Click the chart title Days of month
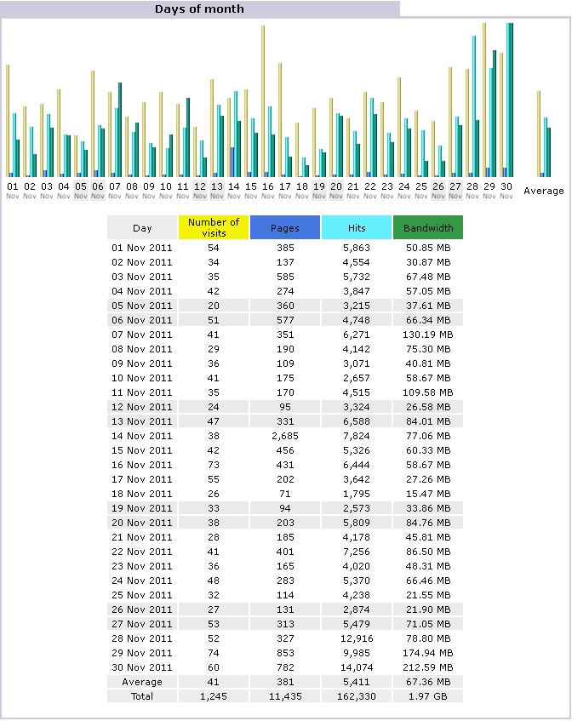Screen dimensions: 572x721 pyautogui.click(x=199, y=9)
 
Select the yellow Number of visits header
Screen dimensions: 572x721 pyautogui.click(x=214, y=227)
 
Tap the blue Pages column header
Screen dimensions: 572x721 pyautogui.click(x=285, y=227)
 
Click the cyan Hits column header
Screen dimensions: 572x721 pyautogui.click(x=357, y=227)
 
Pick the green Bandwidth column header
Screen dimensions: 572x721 pyautogui.click(x=428, y=227)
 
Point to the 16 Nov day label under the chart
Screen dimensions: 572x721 pyautogui.click(x=267, y=191)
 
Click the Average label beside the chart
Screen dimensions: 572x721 pyautogui.click(x=544, y=191)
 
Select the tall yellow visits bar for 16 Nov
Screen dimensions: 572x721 pyautogui.click(x=263, y=101)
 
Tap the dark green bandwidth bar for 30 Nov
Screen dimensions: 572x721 pyautogui.click(x=511, y=100)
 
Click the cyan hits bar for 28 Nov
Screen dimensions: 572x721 pyautogui.click(x=474, y=106)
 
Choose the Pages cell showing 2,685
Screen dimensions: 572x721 pyautogui.click(x=285, y=436)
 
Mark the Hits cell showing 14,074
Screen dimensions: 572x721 pyautogui.click(x=357, y=667)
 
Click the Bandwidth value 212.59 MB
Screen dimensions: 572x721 pyautogui.click(x=428, y=667)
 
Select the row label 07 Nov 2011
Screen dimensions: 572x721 pyautogui.click(x=141, y=335)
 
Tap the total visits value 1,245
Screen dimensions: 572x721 pyautogui.click(x=214, y=696)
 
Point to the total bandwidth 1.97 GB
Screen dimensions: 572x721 pyautogui.click(x=428, y=696)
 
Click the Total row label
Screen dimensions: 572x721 pyautogui.click(x=141, y=696)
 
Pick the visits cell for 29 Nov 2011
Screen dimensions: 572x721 pyautogui.click(x=214, y=653)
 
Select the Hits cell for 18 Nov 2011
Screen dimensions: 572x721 pyautogui.click(x=357, y=494)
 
